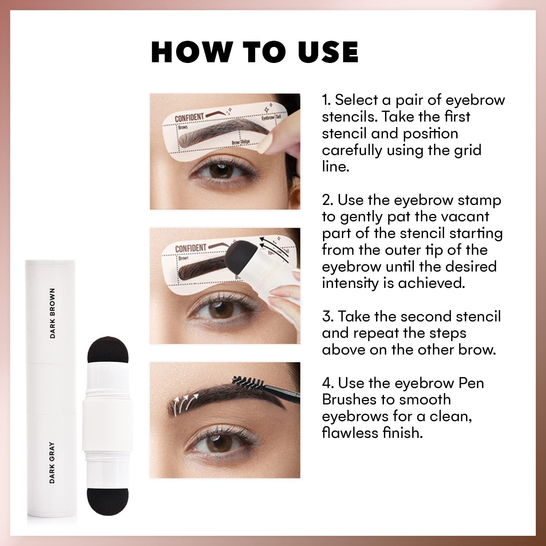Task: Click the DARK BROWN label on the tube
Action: pos(52,313)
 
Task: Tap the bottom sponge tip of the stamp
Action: pos(102,502)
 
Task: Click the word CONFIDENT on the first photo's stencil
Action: pos(189,118)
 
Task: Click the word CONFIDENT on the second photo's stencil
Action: pos(190,249)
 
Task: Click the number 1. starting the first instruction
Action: pos(326,100)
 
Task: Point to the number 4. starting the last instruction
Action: pos(328,383)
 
